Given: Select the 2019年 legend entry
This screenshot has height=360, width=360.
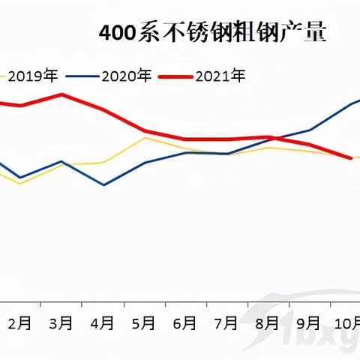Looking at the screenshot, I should (32, 75).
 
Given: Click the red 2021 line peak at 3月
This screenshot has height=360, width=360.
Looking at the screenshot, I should (61, 94).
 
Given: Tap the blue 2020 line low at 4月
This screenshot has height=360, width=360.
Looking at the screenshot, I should (103, 184).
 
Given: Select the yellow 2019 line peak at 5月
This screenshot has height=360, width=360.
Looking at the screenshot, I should (145, 137).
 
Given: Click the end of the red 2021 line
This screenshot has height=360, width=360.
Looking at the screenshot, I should (351, 157).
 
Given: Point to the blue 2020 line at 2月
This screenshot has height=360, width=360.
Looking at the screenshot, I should (20, 178).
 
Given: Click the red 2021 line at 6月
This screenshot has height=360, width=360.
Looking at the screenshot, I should (186, 139).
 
